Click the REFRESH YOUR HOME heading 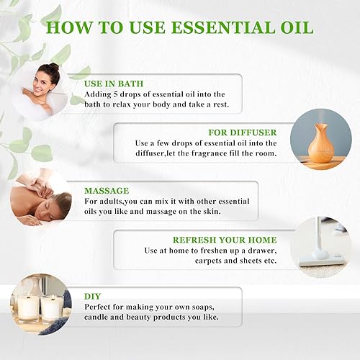(x=224, y=240)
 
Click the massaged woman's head (x=60, y=207)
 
